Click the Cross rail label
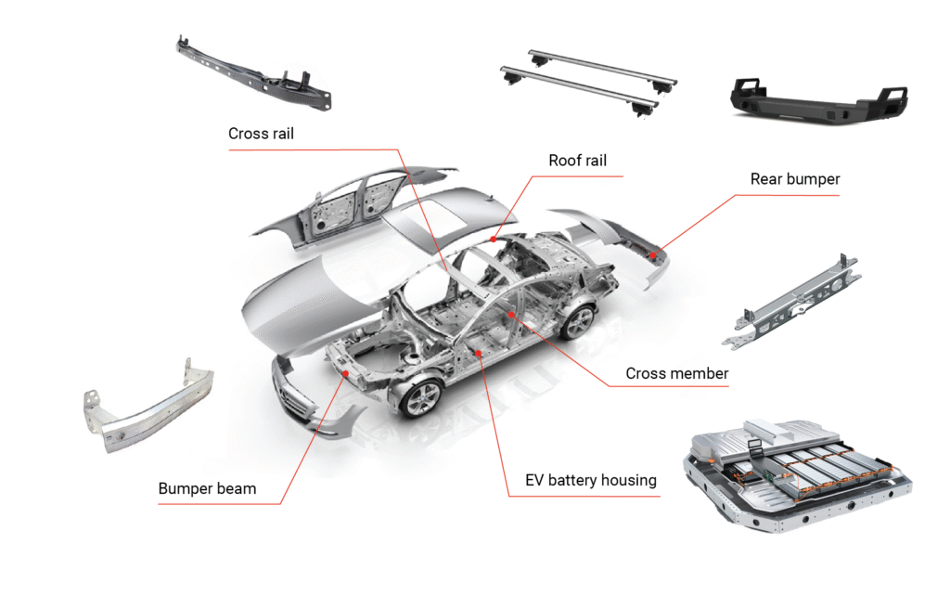(261, 134)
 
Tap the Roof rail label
(577, 161)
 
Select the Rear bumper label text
(794, 178)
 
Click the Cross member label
(676, 373)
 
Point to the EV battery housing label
(590, 480)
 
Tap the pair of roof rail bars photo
(584, 83)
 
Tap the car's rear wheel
(577, 321)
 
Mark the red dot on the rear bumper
(652, 253)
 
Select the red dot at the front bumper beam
(345, 372)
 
